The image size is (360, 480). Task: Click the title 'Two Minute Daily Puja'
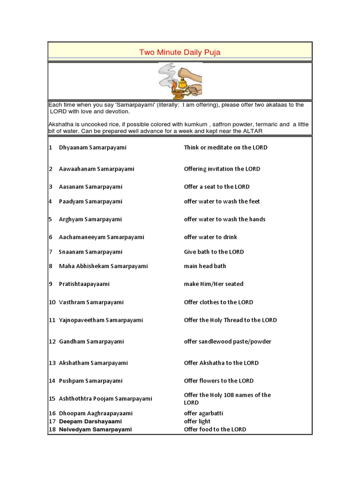pyautogui.click(x=180, y=52)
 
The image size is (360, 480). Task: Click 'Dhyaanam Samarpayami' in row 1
pyautogui.click(x=92, y=148)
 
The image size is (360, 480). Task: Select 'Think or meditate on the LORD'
pyautogui.click(x=225, y=148)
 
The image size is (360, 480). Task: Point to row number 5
pyautogui.click(x=50, y=219)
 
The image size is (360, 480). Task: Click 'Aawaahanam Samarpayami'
pyautogui.click(x=96, y=169)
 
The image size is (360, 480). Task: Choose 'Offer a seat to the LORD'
pyautogui.click(x=217, y=187)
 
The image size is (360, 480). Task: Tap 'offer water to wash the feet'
pyautogui.click(x=222, y=202)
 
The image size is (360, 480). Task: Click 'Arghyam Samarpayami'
pyautogui.click(x=90, y=219)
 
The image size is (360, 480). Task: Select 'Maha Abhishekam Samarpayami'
pyautogui.click(x=103, y=266)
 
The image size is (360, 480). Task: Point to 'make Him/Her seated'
pyautogui.click(x=213, y=284)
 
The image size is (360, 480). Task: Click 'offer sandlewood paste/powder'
pyautogui.click(x=227, y=342)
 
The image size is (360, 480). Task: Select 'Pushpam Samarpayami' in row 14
pyautogui.click(x=90, y=381)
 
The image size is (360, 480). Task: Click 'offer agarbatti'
pyautogui.click(x=203, y=413)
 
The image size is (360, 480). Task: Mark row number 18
pyautogui.click(x=52, y=429)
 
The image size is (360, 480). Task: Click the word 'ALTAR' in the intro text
pyautogui.click(x=253, y=131)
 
